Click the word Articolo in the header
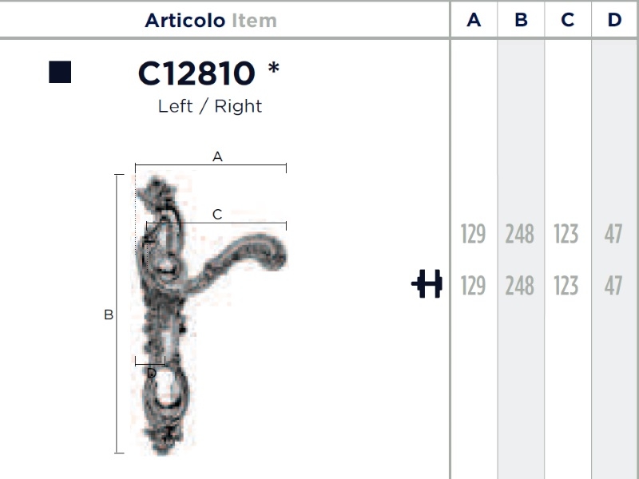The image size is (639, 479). click(185, 21)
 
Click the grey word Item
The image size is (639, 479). click(254, 21)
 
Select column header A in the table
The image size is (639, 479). click(474, 19)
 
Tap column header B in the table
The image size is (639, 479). click(521, 19)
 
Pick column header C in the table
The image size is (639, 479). click(568, 19)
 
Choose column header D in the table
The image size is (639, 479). click(614, 19)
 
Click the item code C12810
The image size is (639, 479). click(196, 73)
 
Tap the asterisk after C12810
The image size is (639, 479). click(274, 68)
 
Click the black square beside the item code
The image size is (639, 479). click(60, 72)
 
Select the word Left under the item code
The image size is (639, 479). click(175, 106)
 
